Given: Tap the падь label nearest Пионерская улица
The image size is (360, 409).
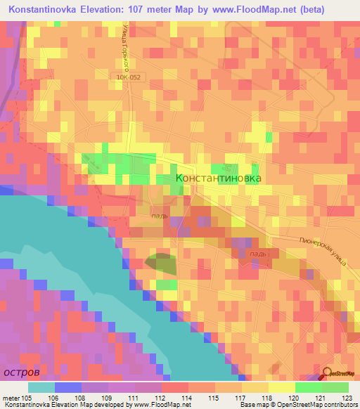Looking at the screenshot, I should tap(259, 252).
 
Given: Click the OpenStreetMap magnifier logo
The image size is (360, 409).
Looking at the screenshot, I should tap(328, 372).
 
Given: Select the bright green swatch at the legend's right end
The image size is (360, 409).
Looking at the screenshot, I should tap(335, 387).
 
